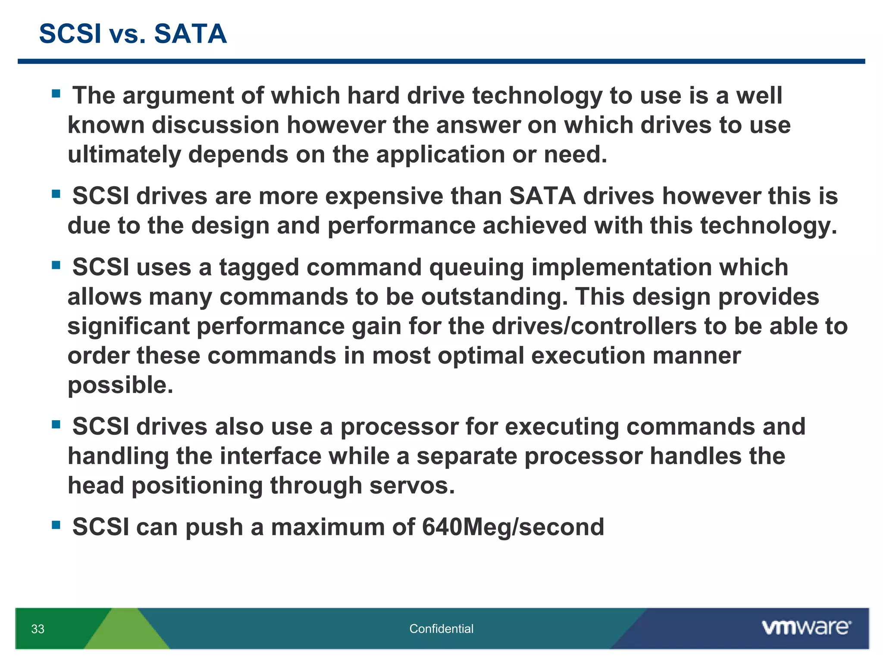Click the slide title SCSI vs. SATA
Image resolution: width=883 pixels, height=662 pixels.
pos(132,34)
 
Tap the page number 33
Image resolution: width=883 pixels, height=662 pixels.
pos(38,629)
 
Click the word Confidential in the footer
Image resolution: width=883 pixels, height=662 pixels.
pos(441,629)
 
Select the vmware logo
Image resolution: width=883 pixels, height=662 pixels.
pos(806,627)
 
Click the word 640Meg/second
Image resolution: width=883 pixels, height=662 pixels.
pos(513,527)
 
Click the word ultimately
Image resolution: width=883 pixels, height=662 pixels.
pos(124,154)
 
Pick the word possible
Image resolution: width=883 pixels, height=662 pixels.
pos(120,385)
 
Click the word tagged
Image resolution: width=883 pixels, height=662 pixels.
pos(259,268)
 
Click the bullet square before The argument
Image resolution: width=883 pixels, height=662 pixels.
pos(56,94)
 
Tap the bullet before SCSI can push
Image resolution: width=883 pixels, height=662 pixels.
pos(56,525)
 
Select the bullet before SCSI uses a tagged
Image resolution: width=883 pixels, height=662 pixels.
pos(56,265)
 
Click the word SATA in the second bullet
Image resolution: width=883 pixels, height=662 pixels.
pos(542,196)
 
